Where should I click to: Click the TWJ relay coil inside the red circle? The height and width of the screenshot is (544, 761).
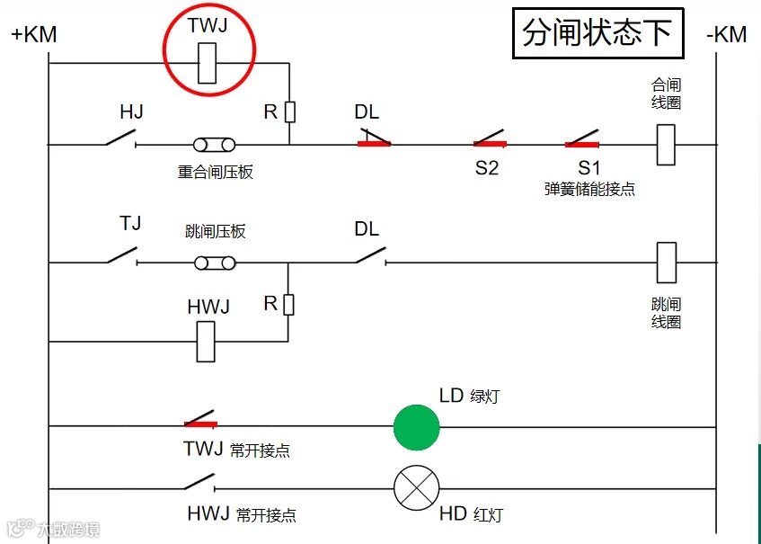click(208, 63)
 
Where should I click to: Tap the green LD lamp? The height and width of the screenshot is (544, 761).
click(416, 426)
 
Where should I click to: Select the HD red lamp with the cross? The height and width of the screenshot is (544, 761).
click(416, 489)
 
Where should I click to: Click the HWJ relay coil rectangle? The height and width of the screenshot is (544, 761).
click(206, 341)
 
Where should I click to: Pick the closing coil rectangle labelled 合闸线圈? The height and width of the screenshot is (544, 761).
click(666, 144)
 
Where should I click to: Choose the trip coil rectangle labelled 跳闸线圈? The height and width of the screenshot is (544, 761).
click(666, 263)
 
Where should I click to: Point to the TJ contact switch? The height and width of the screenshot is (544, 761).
click(122, 256)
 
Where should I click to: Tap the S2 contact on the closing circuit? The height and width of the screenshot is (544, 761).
click(490, 140)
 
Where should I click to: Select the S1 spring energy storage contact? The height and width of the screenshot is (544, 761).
click(582, 140)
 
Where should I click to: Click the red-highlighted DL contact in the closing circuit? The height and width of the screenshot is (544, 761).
click(373, 139)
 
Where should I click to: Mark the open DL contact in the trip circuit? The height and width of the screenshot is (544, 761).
click(369, 257)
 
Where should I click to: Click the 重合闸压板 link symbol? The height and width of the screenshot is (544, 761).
click(215, 144)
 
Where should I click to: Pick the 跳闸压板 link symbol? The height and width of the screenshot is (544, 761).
click(215, 263)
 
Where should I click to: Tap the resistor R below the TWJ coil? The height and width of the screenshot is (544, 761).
click(289, 111)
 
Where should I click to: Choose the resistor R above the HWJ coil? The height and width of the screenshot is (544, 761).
click(288, 305)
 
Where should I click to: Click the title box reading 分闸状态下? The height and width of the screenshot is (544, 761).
click(597, 33)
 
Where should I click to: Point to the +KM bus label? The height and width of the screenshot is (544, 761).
click(34, 35)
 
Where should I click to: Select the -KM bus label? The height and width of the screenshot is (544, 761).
click(726, 35)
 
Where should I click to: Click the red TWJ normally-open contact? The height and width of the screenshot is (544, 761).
click(199, 421)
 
